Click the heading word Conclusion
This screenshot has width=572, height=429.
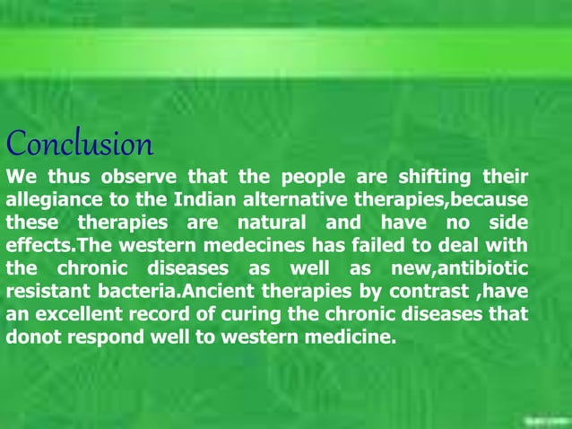point(80,144)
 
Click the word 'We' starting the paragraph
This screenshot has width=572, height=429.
point(20,175)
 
